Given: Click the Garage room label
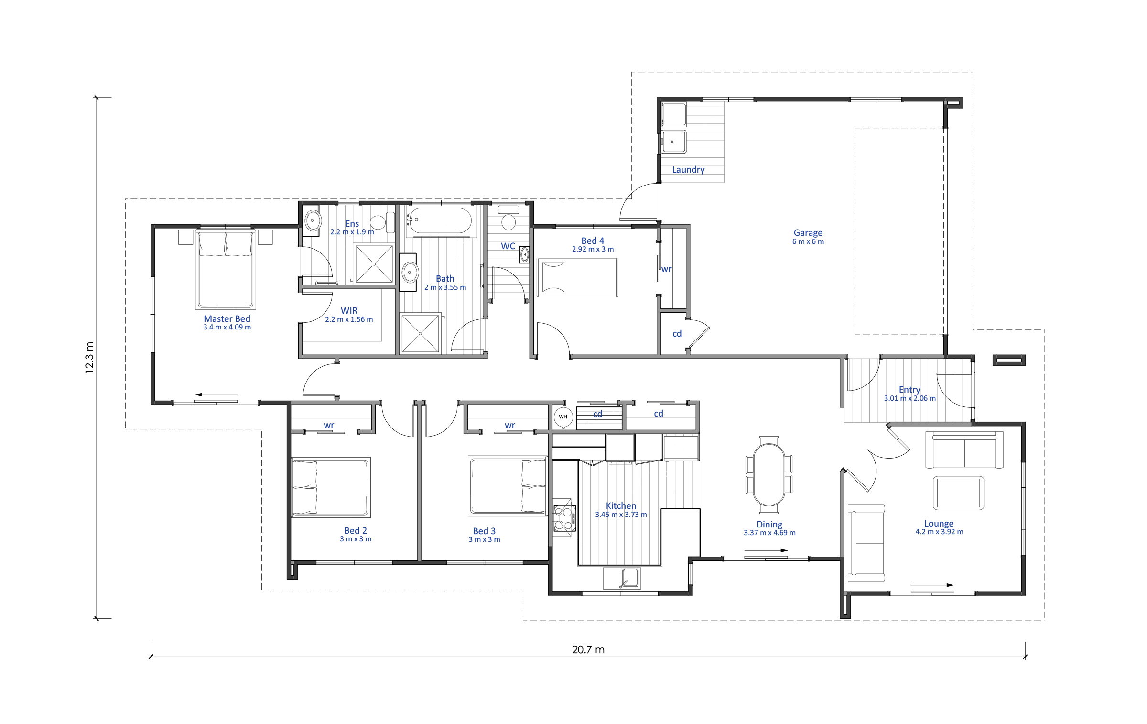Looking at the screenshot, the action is click(x=808, y=233).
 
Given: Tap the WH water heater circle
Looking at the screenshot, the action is click(x=563, y=417).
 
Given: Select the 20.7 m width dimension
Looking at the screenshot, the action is click(x=588, y=649).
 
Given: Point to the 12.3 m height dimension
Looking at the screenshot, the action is click(x=90, y=357).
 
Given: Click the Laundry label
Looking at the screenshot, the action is click(x=688, y=170).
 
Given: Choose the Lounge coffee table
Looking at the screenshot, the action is click(x=958, y=493).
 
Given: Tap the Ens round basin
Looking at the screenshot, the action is click(x=313, y=221).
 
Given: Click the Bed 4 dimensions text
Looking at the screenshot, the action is click(x=593, y=249).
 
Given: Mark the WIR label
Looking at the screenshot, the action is click(x=349, y=311).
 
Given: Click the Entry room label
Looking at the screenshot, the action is click(x=909, y=390).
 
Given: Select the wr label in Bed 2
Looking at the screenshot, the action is click(x=329, y=425).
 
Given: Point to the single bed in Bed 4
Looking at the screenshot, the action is click(x=577, y=277).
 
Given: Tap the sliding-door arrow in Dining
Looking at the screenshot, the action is click(x=766, y=551).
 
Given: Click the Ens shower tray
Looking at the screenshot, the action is click(x=374, y=263).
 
